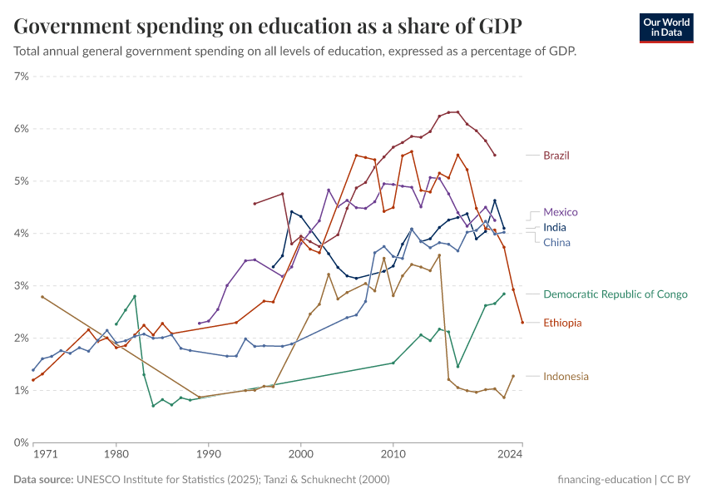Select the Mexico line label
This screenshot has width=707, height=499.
[560, 212]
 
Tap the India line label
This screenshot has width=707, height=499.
[556, 227]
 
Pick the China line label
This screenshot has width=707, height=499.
[556, 242]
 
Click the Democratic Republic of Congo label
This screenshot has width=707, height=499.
[615, 294]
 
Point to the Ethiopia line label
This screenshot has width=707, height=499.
[562, 323]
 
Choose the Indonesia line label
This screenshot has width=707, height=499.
[566, 377]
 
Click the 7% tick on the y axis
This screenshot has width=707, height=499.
[22, 77]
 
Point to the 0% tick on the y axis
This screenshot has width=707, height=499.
[22, 442]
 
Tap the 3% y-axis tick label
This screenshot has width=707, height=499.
[22, 286]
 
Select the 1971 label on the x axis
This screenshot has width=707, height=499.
[45, 455]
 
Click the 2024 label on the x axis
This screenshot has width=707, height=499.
[509, 455]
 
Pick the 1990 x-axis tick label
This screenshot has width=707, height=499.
[208, 455]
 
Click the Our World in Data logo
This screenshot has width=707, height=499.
[665, 27]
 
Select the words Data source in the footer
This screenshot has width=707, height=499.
[42, 480]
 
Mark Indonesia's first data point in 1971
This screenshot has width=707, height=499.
[42, 297]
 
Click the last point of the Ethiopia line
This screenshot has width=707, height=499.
[522, 323]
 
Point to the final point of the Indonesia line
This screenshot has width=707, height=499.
[513, 376]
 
